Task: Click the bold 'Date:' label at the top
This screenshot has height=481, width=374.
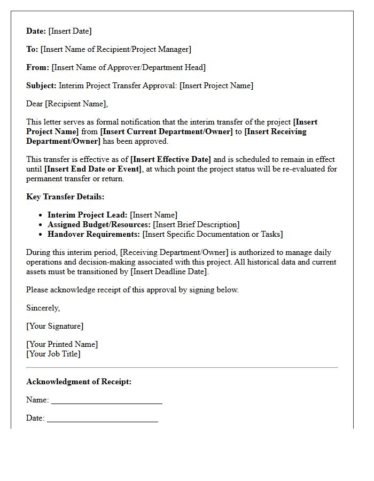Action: coord(36,31)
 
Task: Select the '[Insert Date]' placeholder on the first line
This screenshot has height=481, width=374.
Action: coord(70,31)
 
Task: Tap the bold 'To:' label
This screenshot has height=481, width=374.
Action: coord(32,49)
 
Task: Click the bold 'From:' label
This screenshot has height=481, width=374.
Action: coord(37,67)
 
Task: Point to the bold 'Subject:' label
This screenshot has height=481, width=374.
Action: coord(41,86)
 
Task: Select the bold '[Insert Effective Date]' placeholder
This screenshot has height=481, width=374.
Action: coord(171,159)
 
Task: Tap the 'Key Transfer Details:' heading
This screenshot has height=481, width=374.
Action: coord(65,197)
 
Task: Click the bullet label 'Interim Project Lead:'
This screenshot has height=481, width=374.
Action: coord(88,215)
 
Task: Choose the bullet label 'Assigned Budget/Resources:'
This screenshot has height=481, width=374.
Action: coord(99,224)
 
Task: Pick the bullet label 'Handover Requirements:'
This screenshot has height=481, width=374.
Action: coord(93,234)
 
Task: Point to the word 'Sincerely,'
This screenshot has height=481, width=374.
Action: coord(43,308)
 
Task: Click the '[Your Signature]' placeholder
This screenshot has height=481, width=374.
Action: coord(55,326)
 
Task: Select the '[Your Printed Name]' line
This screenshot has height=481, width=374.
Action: coord(62,344)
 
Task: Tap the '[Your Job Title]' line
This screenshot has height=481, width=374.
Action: coord(53,354)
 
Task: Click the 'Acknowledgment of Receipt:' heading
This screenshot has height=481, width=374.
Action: coord(79,382)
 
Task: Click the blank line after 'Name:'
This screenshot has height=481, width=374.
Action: coord(107,401)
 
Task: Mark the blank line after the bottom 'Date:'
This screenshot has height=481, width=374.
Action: coord(103,419)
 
